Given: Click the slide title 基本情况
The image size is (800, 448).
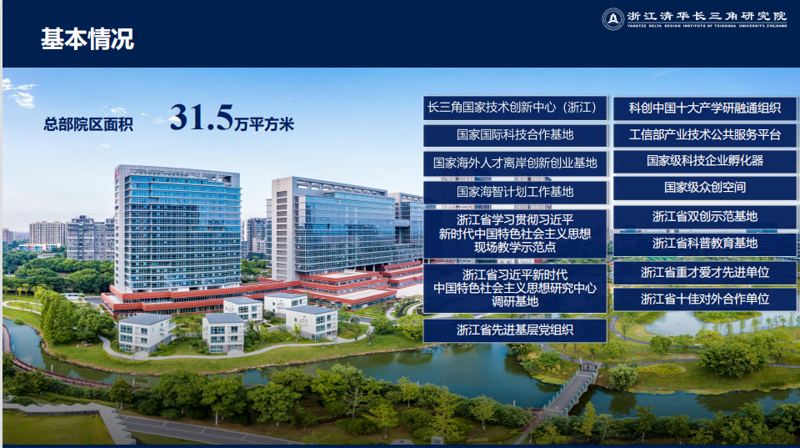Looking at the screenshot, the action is point(87,39).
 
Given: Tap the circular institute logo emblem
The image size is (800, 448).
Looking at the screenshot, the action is point(612,19).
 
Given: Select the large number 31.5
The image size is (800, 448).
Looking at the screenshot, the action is point(201,118).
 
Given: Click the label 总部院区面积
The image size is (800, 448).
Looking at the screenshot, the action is point(88,124).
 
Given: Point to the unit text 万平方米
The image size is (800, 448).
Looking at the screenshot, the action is point(264,124).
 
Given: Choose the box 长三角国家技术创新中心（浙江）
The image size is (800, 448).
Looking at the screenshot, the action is point(515,108).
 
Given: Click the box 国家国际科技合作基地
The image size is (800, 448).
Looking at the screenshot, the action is point(515,135).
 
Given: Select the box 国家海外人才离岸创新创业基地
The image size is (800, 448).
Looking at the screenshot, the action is point(515,164).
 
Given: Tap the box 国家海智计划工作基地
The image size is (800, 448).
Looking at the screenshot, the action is point(515,192).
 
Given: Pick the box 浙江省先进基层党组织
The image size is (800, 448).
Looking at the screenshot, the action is point(515,330).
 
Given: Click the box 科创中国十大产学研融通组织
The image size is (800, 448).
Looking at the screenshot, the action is point(705,108).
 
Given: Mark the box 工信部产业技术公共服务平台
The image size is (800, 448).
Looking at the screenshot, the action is point(705,135).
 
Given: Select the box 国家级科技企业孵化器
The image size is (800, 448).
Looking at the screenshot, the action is point(705,161).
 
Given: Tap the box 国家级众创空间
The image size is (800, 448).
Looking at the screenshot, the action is point(705,188).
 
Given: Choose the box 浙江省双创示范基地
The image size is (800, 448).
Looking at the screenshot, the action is point(705,217).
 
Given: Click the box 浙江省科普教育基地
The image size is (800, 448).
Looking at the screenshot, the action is point(705,244).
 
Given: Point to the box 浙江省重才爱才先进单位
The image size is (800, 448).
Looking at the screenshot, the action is point(705,273).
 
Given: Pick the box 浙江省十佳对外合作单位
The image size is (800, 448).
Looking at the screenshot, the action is point(705,300).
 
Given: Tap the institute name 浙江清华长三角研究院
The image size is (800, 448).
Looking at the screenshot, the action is point(707,17).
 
